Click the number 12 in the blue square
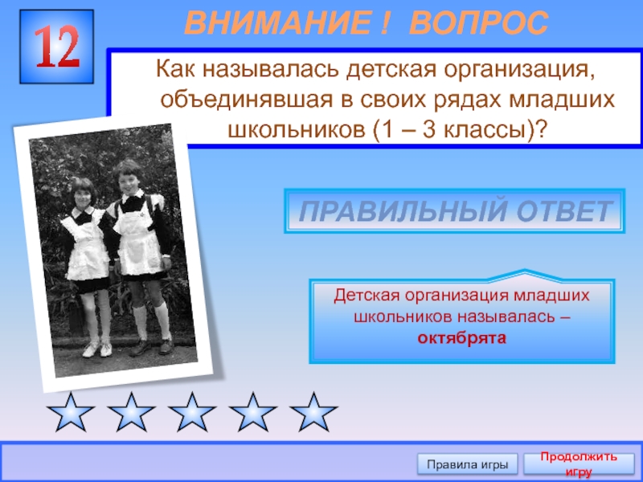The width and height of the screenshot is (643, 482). [57, 49]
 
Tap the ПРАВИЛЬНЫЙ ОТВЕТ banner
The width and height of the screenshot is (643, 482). [454, 211]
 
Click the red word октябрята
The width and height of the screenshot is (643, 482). [461, 338]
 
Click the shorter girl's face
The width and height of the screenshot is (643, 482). [82, 192]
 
